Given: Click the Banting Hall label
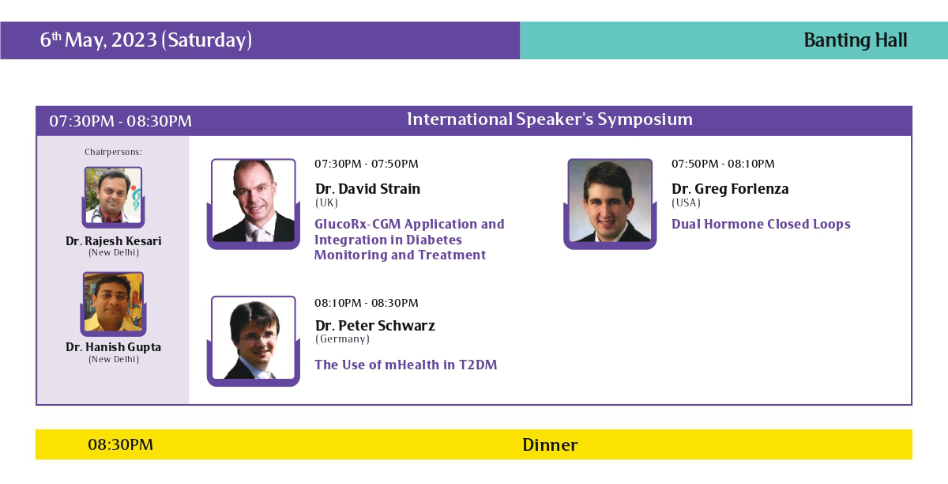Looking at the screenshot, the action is coord(856,40).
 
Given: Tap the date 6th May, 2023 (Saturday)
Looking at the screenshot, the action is coord(146,40).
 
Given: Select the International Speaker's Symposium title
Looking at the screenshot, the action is coord(550,119).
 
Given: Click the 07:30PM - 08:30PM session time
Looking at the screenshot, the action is coord(121,121).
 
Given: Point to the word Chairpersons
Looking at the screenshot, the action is coord(113,152).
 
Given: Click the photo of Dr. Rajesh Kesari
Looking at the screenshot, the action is coord(114,196).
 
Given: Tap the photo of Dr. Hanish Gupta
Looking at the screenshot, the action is coord(114,302).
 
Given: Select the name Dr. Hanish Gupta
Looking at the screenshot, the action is coord(114,347).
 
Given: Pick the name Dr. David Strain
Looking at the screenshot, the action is coord(368,188).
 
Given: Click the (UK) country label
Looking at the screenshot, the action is coord(326,202).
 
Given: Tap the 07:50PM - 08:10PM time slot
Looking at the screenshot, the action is coord(723,164).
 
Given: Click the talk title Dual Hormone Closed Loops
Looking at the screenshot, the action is coord(761,224).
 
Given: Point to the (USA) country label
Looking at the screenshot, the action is coord(686,202).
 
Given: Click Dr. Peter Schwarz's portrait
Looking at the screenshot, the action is coord(253,338).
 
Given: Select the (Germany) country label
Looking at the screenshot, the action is coord(342,339).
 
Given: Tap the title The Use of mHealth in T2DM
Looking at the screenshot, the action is coord(406,365).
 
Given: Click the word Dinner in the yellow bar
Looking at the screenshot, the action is coord(550,445).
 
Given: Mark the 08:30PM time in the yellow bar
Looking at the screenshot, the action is coord(121,445).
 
